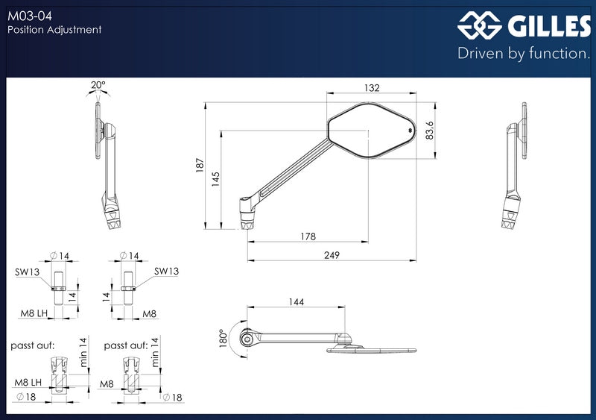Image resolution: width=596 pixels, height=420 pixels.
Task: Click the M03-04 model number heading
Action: point(30,16)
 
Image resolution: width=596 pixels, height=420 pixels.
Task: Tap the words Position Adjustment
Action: point(54,30)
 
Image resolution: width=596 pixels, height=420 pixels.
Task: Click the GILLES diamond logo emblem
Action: point(480,25)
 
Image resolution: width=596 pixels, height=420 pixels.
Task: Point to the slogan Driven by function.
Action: point(524,53)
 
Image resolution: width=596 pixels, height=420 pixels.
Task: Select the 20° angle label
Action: point(98,84)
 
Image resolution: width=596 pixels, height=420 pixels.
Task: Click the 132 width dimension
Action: point(372,87)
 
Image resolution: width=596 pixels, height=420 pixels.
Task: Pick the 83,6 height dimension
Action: point(429,131)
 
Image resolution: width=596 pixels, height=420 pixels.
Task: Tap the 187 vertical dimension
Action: point(200,166)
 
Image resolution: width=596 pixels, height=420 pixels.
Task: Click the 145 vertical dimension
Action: point(215,179)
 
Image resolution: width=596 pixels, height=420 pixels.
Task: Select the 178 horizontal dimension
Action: point(308,236)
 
